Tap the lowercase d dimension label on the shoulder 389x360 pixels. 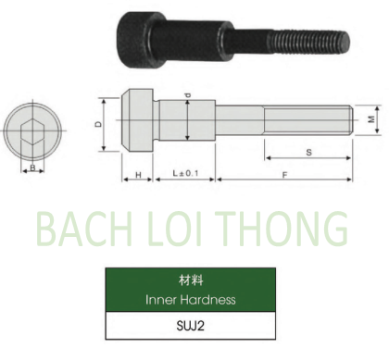(188, 96)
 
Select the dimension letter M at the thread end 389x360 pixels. (371, 120)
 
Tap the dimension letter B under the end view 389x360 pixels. (32, 168)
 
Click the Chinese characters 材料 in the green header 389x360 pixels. (191, 279)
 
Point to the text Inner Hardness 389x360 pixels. (191, 299)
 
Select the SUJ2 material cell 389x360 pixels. (191, 327)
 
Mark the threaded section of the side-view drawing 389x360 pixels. (306, 120)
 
